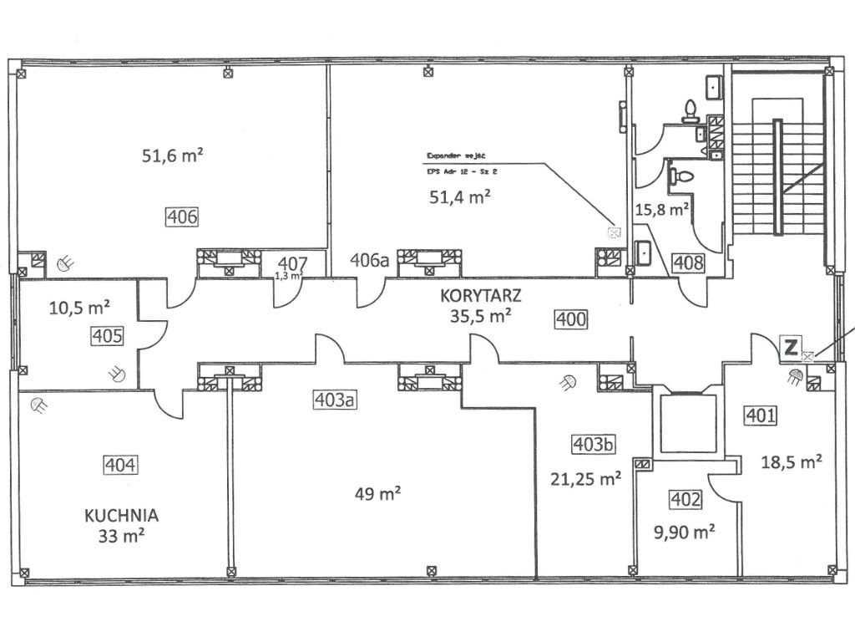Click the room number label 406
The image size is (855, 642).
click(x=182, y=217)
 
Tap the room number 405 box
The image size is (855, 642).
click(x=109, y=337)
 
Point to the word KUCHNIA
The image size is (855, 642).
click(x=121, y=515)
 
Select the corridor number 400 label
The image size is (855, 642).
click(x=572, y=318)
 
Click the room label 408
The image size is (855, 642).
click(x=687, y=262)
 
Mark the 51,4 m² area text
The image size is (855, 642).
click(x=458, y=197)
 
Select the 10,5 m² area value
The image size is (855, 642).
click(x=80, y=308)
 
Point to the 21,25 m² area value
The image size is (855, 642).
click(x=585, y=478)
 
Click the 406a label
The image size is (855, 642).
click(x=370, y=260)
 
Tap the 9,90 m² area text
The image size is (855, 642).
click(x=684, y=530)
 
